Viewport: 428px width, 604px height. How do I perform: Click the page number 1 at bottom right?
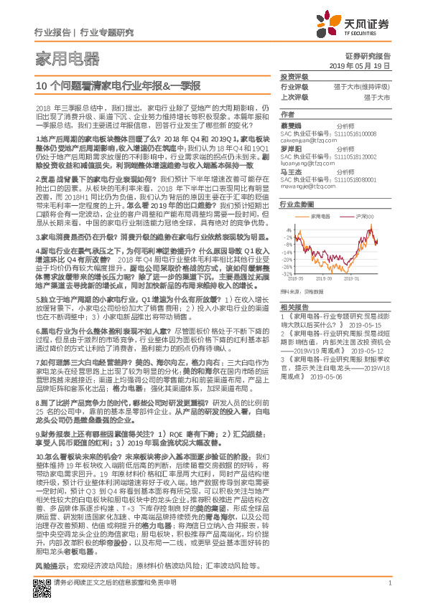(389, 582)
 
